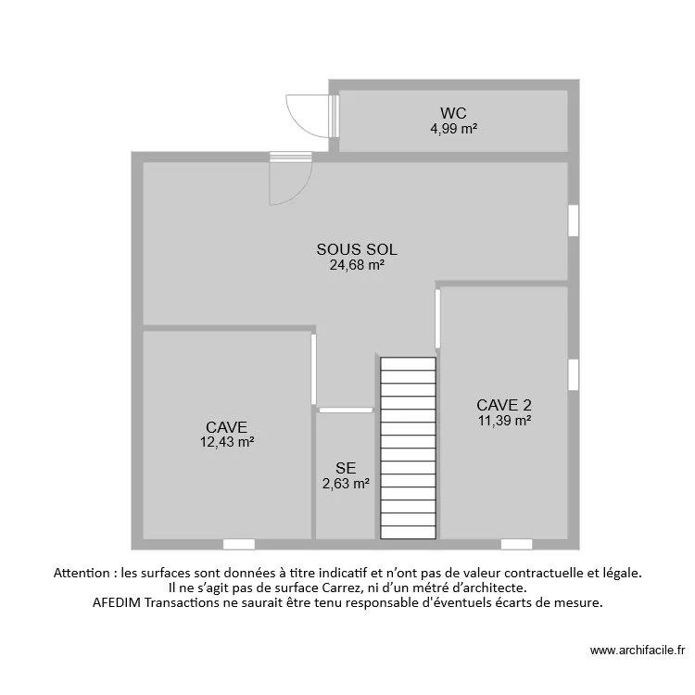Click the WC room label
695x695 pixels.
click(x=453, y=114)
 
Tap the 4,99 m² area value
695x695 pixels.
click(x=453, y=129)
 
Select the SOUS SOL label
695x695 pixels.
click(x=357, y=249)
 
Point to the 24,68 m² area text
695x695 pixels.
click(x=357, y=264)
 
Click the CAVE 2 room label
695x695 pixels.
click(x=504, y=405)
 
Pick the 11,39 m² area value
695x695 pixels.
click(x=504, y=420)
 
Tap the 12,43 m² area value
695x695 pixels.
click(x=227, y=442)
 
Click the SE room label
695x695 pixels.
click(x=346, y=468)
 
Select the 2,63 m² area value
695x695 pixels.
click(x=346, y=483)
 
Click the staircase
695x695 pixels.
click(x=408, y=449)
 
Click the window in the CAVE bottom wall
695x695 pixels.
click(x=238, y=544)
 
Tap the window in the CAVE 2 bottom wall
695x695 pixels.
click(x=516, y=544)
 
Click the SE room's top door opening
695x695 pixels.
click(x=346, y=409)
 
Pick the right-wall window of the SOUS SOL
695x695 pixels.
click(x=574, y=221)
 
